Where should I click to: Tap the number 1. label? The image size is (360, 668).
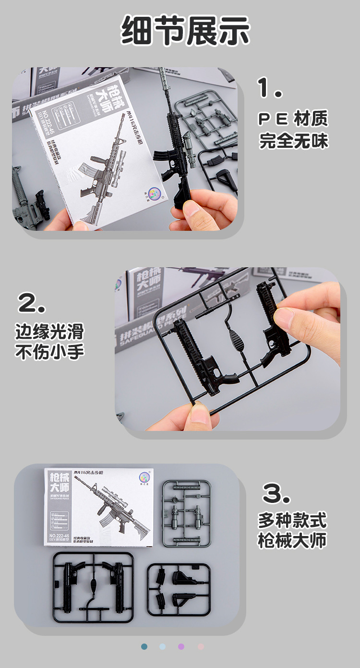(x=270, y=88)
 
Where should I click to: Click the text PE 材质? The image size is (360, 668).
(x=293, y=119)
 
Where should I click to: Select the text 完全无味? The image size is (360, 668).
(x=293, y=141)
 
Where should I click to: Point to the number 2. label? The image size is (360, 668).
(x=32, y=303)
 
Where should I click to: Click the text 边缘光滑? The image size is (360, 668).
(x=49, y=331)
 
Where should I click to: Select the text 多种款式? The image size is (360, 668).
(x=292, y=520)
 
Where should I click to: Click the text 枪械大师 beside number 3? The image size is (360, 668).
(x=292, y=541)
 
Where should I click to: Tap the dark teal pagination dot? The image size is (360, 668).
(x=144, y=646)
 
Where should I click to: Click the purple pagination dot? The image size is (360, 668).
(x=181, y=646)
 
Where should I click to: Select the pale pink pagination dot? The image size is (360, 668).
(x=201, y=646)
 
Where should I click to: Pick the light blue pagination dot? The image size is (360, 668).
(x=163, y=646)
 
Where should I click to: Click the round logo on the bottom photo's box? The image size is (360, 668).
(x=144, y=477)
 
